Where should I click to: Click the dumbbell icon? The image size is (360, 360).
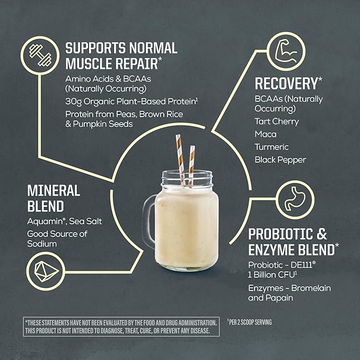pyautogui.click(x=40, y=55)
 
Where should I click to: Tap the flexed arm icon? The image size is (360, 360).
pyautogui.click(x=286, y=51)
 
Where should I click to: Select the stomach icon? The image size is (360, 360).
pyautogui.click(x=295, y=199)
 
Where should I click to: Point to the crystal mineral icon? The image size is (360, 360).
pyautogui.click(x=46, y=271)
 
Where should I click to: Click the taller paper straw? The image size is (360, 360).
pyautogui.click(x=180, y=160)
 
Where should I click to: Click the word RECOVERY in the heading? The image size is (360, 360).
pyautogui.click(x=286, y=84)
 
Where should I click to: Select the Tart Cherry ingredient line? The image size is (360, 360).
pyautogui.click(x=277, y=121)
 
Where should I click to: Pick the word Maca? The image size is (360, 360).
pyautogui.click(x=266, y=134)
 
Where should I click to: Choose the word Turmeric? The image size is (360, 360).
pyautogui.click(x=271, y=147)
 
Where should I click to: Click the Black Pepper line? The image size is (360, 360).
pyautogui.click(x=280, y=160)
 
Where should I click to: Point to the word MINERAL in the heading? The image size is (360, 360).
pyautogui.click(x=54, y=190)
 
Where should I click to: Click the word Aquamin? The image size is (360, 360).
pyautogui.click(x=45, y=221)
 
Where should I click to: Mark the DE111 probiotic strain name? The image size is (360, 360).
pyautogui.click(x=302, y=265)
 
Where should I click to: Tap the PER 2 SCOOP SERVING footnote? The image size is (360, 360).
pyautogui.click(x=250, y=322)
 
